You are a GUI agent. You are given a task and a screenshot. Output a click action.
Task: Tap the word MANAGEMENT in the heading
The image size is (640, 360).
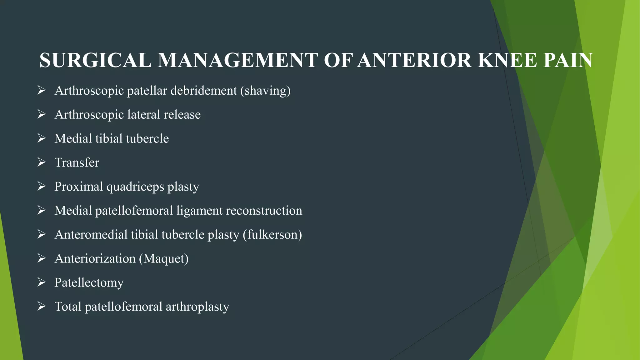pyautogui.click(x=238, y=60)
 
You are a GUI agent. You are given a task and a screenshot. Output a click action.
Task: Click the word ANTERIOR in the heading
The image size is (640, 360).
pyautogui.click(x=414, y=60)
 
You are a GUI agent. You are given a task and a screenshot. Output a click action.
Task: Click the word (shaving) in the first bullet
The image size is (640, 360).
pyautogui.click(x=265, y=91)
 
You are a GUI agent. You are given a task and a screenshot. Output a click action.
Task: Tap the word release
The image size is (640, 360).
pyautogui.click(x=182, y=115)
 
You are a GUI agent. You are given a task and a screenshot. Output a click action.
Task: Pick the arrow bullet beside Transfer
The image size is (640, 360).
pyautogui.click(x=42, y=162)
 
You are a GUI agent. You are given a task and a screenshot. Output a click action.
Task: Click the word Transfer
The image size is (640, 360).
pyautogui.click(x=77, y=163)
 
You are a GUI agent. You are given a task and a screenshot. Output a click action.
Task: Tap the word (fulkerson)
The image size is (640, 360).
pyautogui.click(x=272, y=235)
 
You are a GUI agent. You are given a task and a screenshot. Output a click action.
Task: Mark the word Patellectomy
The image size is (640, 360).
pyautogui.click(x=89, y=283)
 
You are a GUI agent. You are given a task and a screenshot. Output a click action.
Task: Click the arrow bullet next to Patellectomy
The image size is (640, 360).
pyautogui.click(x=42, y=282)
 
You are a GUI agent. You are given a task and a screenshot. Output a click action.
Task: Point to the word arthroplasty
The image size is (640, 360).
pyautogui.click(x=197, y=307)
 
